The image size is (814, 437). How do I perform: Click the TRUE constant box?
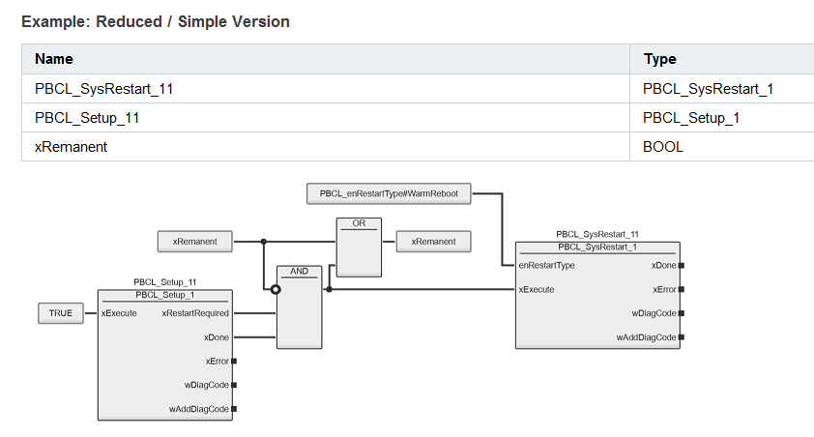click(61, 313)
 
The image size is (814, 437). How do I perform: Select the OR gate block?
click(359, 248)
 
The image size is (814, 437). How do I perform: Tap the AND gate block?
click(299, 307)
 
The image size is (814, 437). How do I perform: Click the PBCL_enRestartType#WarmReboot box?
click(389, 193)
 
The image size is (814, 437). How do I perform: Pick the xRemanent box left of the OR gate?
click(194, 242)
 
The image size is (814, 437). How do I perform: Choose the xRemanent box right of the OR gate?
click(433, 242)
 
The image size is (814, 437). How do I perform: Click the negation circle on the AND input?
click(276, 290)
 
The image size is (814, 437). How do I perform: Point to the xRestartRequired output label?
click(195, 313)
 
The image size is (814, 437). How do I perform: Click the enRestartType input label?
click(546, 265)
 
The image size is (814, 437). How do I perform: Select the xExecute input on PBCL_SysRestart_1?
click(537, 290)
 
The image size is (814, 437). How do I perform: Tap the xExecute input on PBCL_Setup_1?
click(119, 313)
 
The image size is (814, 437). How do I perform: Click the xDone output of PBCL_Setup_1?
click(217, 337)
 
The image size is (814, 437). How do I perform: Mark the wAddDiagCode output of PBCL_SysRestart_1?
click(647, 337)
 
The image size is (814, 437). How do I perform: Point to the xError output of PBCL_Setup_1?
click(217, 362)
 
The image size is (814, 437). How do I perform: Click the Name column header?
click(54, 59)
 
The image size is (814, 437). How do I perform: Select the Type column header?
click(660, 59)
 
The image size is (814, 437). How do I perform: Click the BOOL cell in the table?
click(663, 147)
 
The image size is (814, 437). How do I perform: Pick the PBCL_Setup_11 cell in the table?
click(87, 118)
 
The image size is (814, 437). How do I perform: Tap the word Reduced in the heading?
click(130, 22)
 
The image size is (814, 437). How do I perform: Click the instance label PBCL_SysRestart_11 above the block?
click(597, 234)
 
